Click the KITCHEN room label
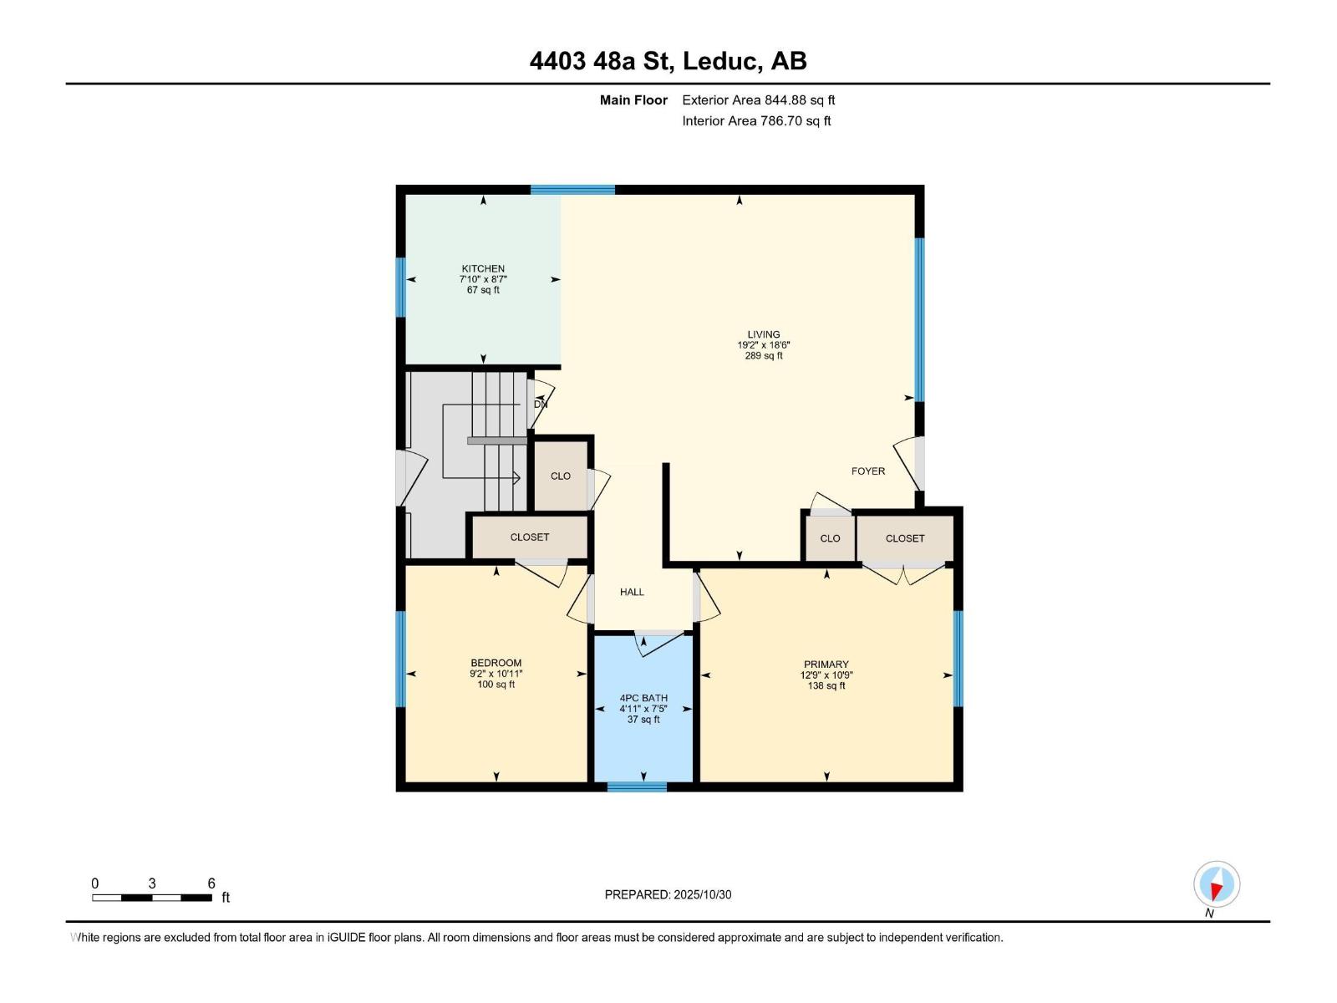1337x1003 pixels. coord(483,268)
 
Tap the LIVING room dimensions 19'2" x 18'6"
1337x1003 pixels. coord(763,344)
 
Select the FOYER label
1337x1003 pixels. coord(867,471)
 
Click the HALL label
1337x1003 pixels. coord(632,592)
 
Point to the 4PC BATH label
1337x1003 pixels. coord(643,698)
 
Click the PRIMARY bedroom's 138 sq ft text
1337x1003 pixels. coord(826,685)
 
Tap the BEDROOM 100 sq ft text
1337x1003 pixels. coord(496,684)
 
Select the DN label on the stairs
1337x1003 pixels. coord(541,404)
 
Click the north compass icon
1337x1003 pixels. coord(1217,884)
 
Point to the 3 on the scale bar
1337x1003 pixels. coord(152,883)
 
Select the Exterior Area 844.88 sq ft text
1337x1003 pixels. coord(758,99)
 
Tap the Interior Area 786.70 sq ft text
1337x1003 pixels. coord(756,120)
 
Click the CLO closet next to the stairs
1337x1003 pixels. coord(560,476)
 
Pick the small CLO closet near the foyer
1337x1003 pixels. coord(830,538)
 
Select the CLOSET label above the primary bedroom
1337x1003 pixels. coord(905,538)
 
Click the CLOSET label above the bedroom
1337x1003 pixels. coord(530,537)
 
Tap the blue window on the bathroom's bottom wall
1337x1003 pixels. coord(637,787)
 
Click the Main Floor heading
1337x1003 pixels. coord(633,99)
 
